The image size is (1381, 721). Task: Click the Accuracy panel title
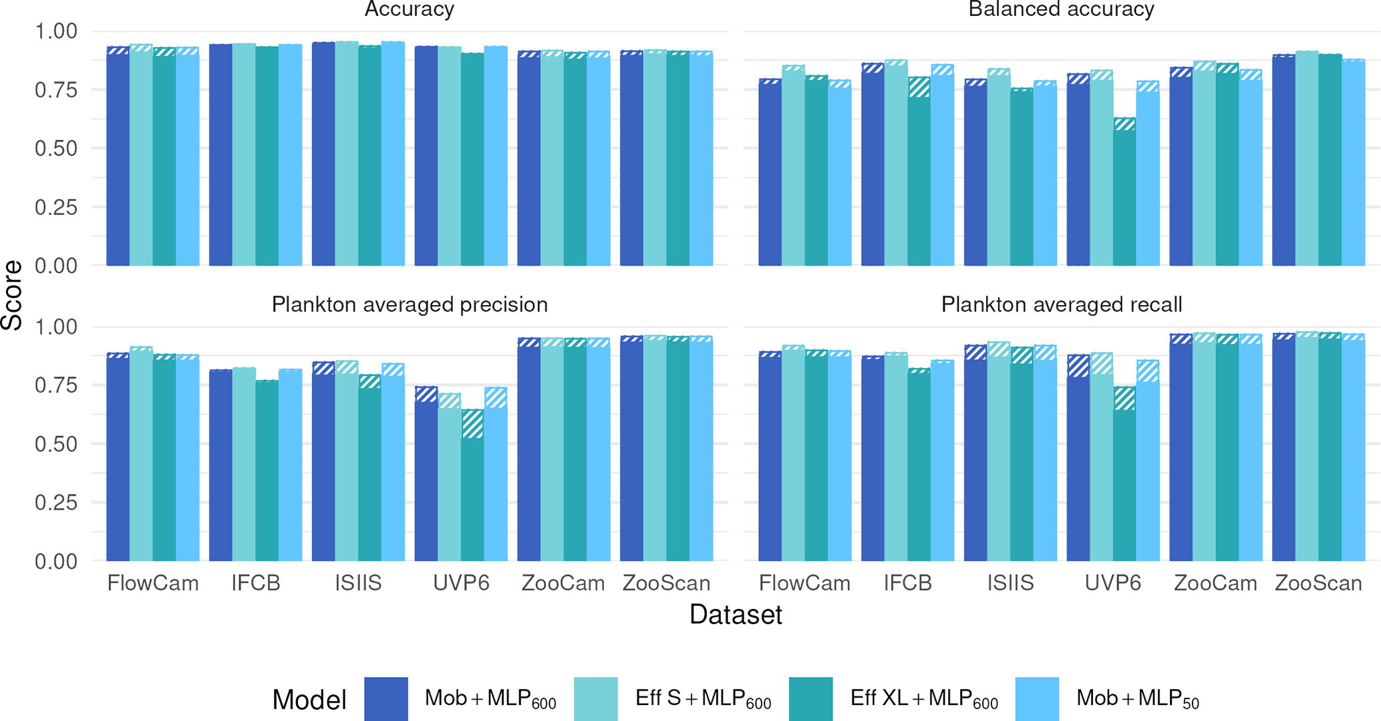409,10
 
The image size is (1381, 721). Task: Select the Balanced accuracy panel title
1061,10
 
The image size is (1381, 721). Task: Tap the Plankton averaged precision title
409,305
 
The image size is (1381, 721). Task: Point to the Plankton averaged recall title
1061,305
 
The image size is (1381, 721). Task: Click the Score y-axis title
12,295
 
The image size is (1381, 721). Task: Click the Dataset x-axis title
736,615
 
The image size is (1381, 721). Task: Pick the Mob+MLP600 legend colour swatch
386,699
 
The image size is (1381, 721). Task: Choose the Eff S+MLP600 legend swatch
595,699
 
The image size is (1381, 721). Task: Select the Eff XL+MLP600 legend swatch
810,699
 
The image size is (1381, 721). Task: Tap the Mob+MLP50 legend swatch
1037,699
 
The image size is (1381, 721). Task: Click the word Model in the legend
309,700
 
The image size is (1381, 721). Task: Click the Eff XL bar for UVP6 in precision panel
472,487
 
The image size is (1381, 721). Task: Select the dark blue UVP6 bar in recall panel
1078,461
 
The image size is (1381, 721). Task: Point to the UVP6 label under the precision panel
461,583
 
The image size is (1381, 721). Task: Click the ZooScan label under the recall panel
1318,583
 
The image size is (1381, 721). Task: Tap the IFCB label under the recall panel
907,583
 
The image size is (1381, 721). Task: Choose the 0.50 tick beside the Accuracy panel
56,148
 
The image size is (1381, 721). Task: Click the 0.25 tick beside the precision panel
56,503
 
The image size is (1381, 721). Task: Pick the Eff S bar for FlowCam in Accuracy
141,157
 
